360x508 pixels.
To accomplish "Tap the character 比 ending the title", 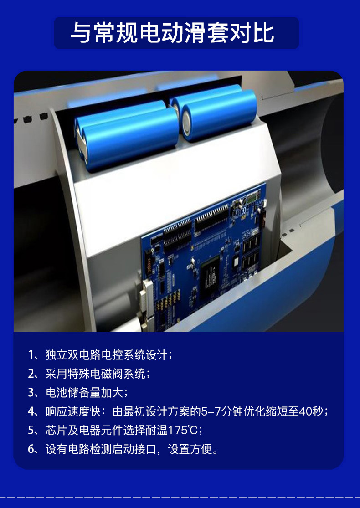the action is (x=264, y=33).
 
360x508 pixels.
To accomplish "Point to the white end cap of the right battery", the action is (x=186, y=123).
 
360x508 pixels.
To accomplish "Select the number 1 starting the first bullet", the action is (x=31, y=355).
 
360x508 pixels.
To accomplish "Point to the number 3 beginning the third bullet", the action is (x=31, y=393).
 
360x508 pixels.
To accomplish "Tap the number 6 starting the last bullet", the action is (x=31, y=449).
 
